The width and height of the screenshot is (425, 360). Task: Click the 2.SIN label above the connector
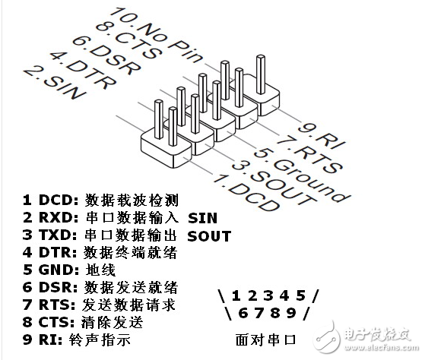[54, 81]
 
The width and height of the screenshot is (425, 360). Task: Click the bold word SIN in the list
[201, 219]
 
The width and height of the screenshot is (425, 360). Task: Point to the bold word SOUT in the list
[208, 236]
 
